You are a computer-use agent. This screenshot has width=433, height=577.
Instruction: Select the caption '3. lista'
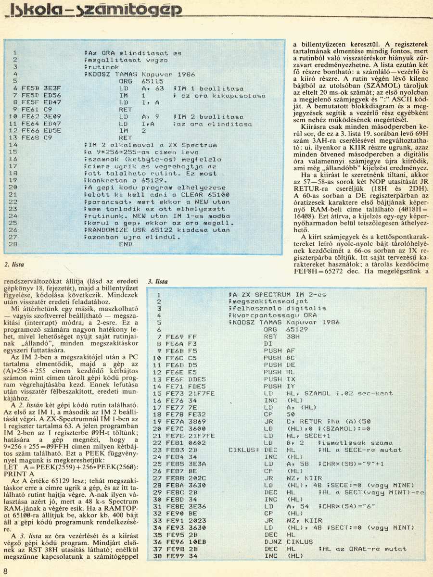tap(158, 282)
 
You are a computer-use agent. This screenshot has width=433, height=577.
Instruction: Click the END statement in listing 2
tap(125, 244)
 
